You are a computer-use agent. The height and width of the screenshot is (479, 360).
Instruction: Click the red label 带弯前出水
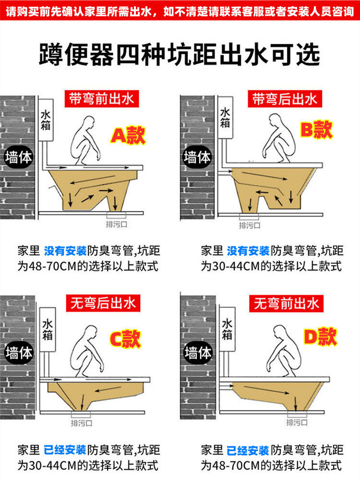[x=102, y=98]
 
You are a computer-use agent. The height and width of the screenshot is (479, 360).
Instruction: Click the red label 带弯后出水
[x=285, y=99]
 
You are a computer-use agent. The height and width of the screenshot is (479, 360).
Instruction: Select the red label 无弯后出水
[x=103, y=303]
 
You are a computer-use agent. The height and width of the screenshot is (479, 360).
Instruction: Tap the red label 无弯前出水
[x=287, y=303]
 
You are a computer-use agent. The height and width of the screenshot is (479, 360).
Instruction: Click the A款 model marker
[x=128, y=135]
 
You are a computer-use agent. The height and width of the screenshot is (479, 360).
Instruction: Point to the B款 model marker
[x=316, y=130]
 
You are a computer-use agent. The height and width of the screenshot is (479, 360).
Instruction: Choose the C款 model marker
[x=125, y=339]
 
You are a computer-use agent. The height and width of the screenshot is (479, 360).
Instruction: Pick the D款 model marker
[x=320, y=336]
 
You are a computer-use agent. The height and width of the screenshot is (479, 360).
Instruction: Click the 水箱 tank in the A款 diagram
[x=46, y=120]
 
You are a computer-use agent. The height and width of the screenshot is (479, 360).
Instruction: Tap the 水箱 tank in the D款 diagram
[x=227, y=329]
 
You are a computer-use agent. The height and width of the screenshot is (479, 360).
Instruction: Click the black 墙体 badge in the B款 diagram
[x=197, y=157]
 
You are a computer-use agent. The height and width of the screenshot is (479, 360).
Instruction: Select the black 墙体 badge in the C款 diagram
[x=19, y=353]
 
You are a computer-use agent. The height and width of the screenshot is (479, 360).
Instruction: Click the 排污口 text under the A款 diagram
[x=117, y=224]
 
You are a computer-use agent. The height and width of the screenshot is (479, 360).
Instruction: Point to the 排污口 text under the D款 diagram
[x=297, y=422]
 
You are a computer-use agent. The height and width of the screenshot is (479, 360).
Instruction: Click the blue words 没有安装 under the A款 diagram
[x=66, y=251]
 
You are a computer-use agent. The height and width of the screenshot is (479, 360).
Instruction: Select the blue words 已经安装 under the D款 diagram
[x=248, y=450]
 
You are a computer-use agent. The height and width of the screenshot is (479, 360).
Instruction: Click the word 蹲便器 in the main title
[x=76, y=54]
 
